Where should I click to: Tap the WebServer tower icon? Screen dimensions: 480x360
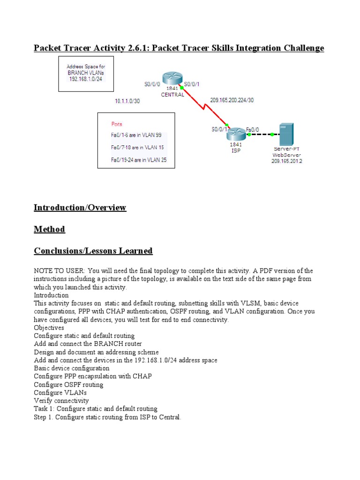(286, 135)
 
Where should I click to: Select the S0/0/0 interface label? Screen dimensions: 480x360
(152, 84)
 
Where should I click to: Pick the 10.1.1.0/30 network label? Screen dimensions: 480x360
(127, 101)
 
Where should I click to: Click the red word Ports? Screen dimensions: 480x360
(117, 124)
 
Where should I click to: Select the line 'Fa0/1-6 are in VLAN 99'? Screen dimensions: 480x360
(136, 135)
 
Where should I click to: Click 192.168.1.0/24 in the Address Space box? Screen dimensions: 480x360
(86, 79)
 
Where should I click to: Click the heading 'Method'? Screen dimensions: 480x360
(49, 229)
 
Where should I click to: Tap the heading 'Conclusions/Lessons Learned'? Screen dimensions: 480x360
(93, 251)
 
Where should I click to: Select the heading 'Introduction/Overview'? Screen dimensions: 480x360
(80, 207)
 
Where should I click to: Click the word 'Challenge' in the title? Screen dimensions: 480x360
(302, 48)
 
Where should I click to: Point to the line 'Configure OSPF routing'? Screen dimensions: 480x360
(68, 384)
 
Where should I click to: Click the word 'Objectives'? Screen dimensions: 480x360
(49, 328)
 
